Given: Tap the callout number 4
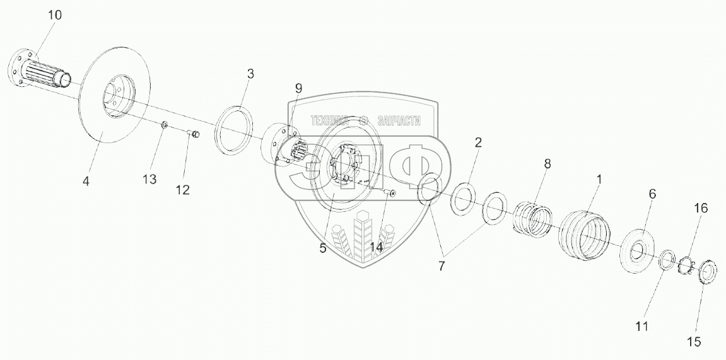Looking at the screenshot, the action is [x=86, y=181].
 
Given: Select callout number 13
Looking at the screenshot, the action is [x=149, y=180].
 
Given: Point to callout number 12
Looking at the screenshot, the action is [x=182, y=190].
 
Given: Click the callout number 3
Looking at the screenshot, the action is [x=250, y=74].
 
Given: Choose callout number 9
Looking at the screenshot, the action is [x=298, y=88].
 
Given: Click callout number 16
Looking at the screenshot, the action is [x=701, y=209].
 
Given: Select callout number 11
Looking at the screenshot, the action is [x=642, y=327].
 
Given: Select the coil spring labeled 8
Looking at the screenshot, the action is [x=534, y=220].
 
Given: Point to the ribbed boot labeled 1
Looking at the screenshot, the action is [x=583, y=237].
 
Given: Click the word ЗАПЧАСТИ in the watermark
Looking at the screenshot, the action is [x=398, y=121].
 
